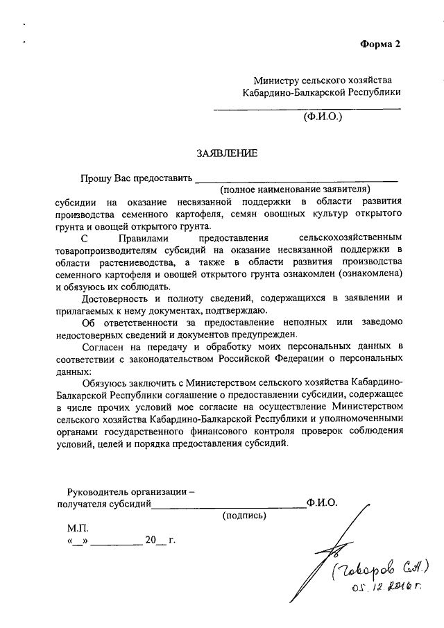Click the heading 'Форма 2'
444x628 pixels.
[380, 45]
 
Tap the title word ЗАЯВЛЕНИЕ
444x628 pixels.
[226, 153]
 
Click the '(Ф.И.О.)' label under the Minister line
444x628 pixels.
[323, 118]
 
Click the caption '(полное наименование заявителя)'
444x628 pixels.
[296, 189]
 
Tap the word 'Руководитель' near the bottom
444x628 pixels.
[97, 491]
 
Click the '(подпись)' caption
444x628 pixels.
[244, 516]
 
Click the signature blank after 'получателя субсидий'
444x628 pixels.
[228, 504]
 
